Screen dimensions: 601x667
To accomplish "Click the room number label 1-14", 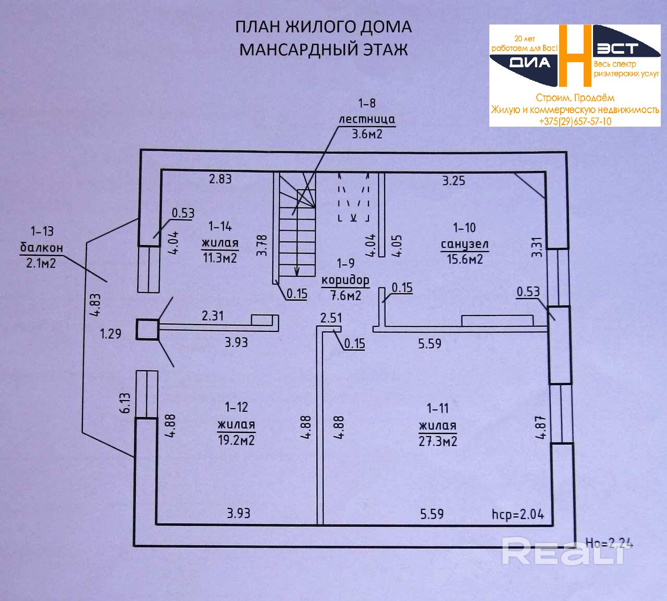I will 220,226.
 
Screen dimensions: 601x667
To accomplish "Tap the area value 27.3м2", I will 438,441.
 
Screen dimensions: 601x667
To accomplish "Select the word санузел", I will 464,244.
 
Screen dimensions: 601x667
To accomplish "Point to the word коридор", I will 345,280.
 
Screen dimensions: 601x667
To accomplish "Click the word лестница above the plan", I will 367,119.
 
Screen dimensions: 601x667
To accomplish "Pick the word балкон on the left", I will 41,247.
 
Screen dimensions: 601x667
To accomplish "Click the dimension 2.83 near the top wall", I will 220,179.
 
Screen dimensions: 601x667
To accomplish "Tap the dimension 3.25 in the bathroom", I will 453,180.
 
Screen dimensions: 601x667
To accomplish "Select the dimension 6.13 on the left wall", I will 125,403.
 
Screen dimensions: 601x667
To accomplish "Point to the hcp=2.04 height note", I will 517,514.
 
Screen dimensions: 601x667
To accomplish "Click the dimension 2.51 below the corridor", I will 331,318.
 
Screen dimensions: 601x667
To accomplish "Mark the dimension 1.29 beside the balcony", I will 110,334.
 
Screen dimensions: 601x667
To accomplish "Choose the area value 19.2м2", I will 236,440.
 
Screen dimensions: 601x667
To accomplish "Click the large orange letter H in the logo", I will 575,55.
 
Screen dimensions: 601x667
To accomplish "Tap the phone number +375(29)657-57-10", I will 575,121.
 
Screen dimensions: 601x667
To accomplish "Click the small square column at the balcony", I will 147,329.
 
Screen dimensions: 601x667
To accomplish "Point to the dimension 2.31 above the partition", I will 213,315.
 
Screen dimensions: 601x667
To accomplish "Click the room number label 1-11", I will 437,408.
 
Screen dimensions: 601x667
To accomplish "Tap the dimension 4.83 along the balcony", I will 95,305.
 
